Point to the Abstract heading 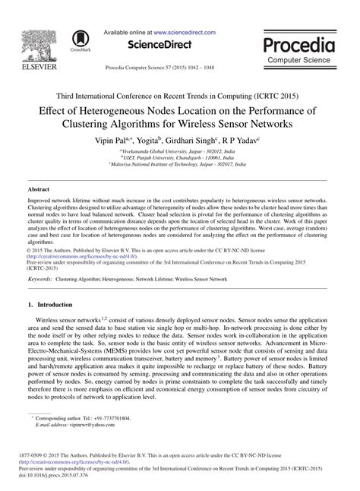tap(38, 187)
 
